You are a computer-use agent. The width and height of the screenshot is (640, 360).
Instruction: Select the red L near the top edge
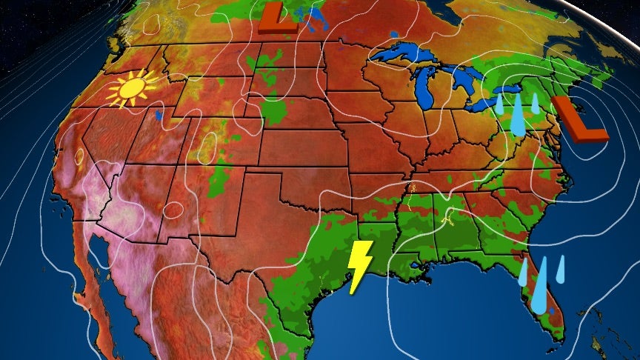pos(278,19)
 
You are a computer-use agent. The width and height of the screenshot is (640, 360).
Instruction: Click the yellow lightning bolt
pos(361,265)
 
